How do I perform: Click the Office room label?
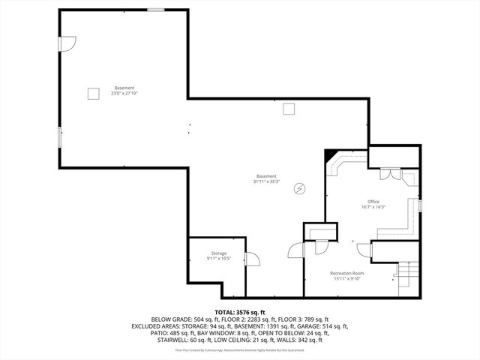(373, 202)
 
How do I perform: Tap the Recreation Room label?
(346, 273)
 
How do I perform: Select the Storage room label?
(218, 253)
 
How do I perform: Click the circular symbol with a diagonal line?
(300, 187)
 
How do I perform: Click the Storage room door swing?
(252, 259)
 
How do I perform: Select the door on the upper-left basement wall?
(67, 45)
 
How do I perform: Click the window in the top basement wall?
(155, 9)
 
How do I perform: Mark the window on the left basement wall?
(60, 137)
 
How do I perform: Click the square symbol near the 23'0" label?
(93, 93)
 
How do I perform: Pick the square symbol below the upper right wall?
(289, 109)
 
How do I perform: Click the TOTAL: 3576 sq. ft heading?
(240, 312)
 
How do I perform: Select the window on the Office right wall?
(420, 205)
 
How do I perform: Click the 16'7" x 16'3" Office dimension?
(373, 207)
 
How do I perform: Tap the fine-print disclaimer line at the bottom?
(240, 349)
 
